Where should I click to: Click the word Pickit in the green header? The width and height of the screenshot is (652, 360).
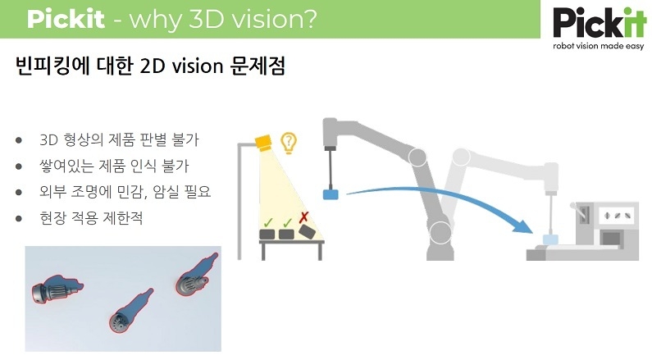[x=66, y=19]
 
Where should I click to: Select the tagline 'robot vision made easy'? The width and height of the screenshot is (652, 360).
[x=599, y=46]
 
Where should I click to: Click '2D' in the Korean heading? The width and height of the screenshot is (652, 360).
[x=153, y=66]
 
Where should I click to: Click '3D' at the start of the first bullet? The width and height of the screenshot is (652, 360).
[x=48, y=140]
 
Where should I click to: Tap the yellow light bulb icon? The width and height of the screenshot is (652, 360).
[x=289, y=143]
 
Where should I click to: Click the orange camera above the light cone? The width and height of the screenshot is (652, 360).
[x=263, y=143]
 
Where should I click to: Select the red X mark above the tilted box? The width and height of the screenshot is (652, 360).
[x=304, y=217]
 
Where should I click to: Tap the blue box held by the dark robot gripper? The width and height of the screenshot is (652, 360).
[x=331, y=194]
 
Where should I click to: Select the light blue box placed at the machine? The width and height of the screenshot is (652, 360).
[x=549, y=239]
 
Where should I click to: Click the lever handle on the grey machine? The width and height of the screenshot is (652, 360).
[x=580, y=212]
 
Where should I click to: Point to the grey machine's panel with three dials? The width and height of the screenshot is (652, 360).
[x=617, y=216]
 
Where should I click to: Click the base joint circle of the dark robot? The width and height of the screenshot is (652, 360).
[x=440, y=232]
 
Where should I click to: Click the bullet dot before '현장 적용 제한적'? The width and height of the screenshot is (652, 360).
[x=18, y=218]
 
